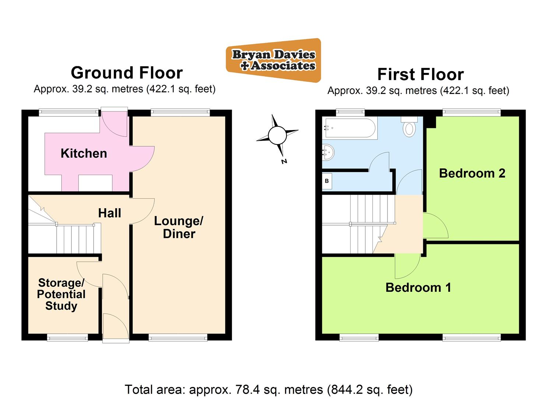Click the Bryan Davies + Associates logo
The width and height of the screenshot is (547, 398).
273,60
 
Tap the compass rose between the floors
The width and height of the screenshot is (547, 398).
277,135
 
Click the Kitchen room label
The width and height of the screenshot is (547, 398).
84,153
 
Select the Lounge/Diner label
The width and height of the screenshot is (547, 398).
179,227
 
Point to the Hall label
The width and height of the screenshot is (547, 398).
109,213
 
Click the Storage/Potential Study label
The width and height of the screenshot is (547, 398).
61,294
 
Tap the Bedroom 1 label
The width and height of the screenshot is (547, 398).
418,287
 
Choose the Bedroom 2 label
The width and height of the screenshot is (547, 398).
472,173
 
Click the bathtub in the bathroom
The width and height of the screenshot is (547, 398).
349,128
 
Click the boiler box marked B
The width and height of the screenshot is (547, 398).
327,181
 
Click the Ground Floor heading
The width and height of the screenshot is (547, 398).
127,73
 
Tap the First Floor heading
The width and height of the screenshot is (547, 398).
420,74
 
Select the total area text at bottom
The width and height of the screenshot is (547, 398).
269,390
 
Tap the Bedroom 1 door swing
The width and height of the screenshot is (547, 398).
407,266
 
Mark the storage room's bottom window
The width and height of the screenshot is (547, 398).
67,337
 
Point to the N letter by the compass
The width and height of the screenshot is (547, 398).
284,161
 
